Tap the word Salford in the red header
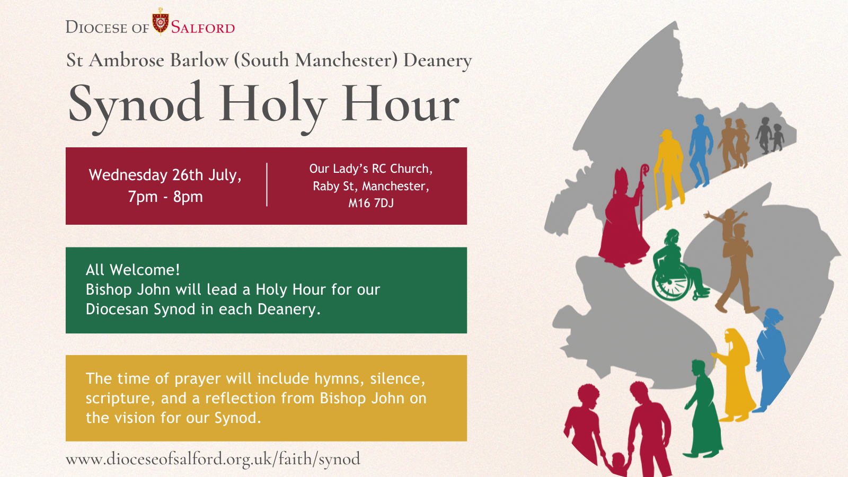tap(203, 28)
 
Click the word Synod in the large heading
tap(136, 104)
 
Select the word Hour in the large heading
tap(400, 104)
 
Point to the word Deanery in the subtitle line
tap(437, 61)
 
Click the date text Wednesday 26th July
tap(165, 175)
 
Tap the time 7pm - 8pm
tap(165, 197)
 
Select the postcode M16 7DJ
tap(371, 203)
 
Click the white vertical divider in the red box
tap(267, 184)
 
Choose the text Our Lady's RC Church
tap(370, 169)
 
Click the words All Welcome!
tap(132, 270)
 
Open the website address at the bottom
tap(213, 458)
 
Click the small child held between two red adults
tap(618, 462)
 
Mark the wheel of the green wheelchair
tap(672, 282)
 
